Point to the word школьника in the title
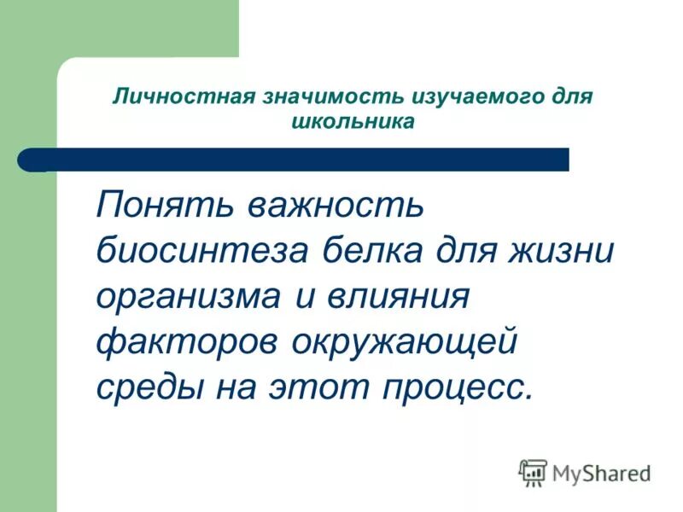point(352,121)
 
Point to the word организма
point(188,298)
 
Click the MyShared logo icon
point(533,472)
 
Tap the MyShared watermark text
point(600,473)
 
